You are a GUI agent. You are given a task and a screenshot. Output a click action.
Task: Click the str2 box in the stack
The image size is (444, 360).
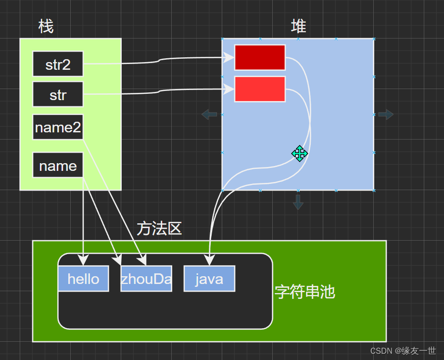(58, 64)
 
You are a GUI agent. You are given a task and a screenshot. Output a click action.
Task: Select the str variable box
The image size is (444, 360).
(58, 94)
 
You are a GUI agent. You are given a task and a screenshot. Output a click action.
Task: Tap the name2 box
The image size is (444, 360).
(58, 127)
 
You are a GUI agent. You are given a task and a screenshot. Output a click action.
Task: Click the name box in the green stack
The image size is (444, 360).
(58, 166)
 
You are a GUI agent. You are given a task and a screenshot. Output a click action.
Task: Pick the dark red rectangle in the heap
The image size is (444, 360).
(260, 58)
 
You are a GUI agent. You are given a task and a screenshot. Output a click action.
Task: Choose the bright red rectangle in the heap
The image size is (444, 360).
(260, 89)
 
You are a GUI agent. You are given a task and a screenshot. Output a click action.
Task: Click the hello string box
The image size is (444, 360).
(83, 279)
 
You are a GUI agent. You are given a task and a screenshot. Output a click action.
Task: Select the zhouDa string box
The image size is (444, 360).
(146, 279)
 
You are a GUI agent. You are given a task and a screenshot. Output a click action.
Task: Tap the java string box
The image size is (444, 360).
(209, 279)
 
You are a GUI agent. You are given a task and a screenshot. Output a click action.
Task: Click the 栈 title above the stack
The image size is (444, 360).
(46, 26)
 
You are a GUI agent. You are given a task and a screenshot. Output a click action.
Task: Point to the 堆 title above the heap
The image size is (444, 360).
(298, 26)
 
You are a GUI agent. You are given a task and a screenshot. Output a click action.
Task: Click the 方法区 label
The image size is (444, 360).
(159, 229)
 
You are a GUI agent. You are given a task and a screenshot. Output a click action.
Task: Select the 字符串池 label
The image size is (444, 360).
(305, 292)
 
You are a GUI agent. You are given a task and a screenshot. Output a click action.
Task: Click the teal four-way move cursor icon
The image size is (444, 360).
(299, 154)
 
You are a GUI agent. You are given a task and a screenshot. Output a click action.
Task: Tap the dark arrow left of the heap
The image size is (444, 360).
(209, 115)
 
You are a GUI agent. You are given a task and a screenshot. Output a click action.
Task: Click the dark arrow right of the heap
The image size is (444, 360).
(386, 115)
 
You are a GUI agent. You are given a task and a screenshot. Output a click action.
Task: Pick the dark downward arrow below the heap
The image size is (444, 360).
(298, 202)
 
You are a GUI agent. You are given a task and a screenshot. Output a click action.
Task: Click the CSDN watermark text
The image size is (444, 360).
(403, 351)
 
